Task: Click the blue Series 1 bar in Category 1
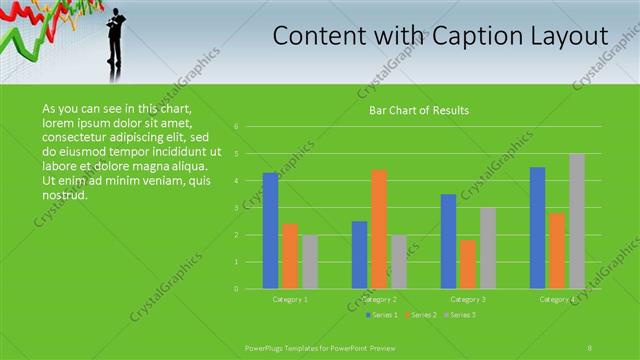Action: [x=270, y=231]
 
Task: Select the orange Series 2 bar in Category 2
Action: [x=379, y=229]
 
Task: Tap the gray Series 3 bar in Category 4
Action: [x=577, y=221]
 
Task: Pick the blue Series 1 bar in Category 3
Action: [x=448, y=241]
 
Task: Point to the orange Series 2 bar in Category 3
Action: [x=468, y=264]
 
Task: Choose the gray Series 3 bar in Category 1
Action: [x=310, y=262]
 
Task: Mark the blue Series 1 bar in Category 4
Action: [x=537, y=228]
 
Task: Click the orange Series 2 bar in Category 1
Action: [x=290, y=256]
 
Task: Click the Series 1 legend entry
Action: [x=381, y=315]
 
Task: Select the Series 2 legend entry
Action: [x=420, y=315]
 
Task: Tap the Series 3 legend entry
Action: [x=459, y=315]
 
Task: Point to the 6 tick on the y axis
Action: [x=236, y=127]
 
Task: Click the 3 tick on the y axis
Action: [x=236, y=208]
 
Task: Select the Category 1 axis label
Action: [x=290, y=299]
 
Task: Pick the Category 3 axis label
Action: [x=468, y=299]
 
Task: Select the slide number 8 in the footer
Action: [x=590, y=347]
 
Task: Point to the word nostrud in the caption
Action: [x=66, y=193]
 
